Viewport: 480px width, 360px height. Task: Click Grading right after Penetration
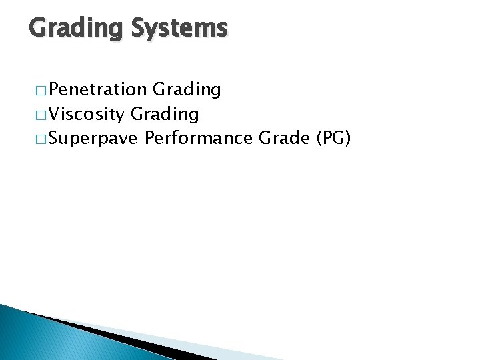pyautogui.click(x=187, y=89)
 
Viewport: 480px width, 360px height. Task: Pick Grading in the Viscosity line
pyautogui.click(x=165, y=114)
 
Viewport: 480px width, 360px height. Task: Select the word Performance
pyautogui.click(x=199, y=139)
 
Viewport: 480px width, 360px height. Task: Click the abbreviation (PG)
pyautogui.click(x=334, y=139)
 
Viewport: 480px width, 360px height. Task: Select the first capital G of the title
pyautogui.click(x=38, y=28)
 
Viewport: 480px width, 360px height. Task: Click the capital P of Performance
pyautogui.click(x=150, y=139)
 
